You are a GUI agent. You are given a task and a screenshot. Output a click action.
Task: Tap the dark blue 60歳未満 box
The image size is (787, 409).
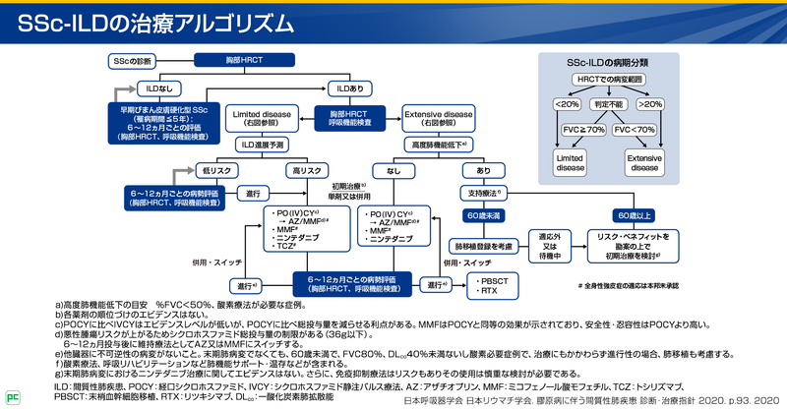(483, 215)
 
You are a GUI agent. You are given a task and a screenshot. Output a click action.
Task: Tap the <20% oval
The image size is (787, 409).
(568, 102)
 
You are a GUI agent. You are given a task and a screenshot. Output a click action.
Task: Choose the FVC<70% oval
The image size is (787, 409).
(635, 129)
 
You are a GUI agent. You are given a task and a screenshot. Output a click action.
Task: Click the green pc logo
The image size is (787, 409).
(11, 397)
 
